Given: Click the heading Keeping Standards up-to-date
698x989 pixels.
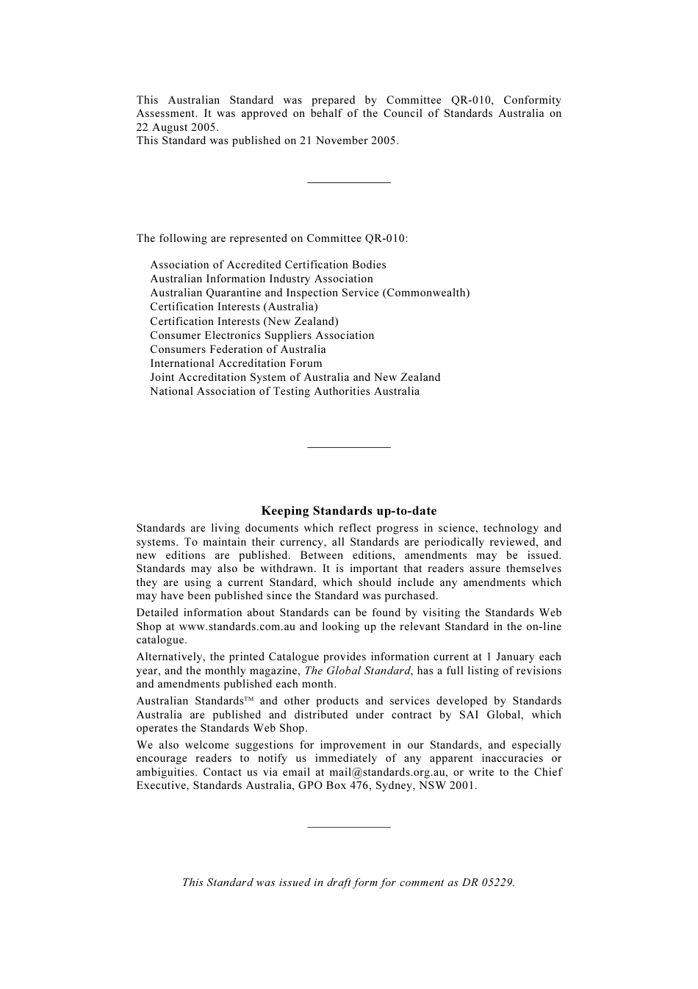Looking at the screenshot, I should click(x=348, y=511).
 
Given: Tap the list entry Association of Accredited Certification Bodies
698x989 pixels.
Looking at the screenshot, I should click(x=267, y=265).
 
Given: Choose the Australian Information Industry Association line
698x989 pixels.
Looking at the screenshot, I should click(x=261, y=279).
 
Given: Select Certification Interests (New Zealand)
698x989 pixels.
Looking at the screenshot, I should click(x=244, y=321).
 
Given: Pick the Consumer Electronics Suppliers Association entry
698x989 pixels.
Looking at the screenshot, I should click(x=262, y=335).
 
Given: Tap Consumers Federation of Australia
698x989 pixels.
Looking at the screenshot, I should click(x=237, y=349).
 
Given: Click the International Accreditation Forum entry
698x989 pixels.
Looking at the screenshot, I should click(x=236, y=363).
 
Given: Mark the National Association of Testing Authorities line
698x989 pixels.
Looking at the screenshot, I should click(x=284, y=391).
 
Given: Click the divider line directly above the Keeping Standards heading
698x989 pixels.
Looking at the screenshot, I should click(x=348, y=446).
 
